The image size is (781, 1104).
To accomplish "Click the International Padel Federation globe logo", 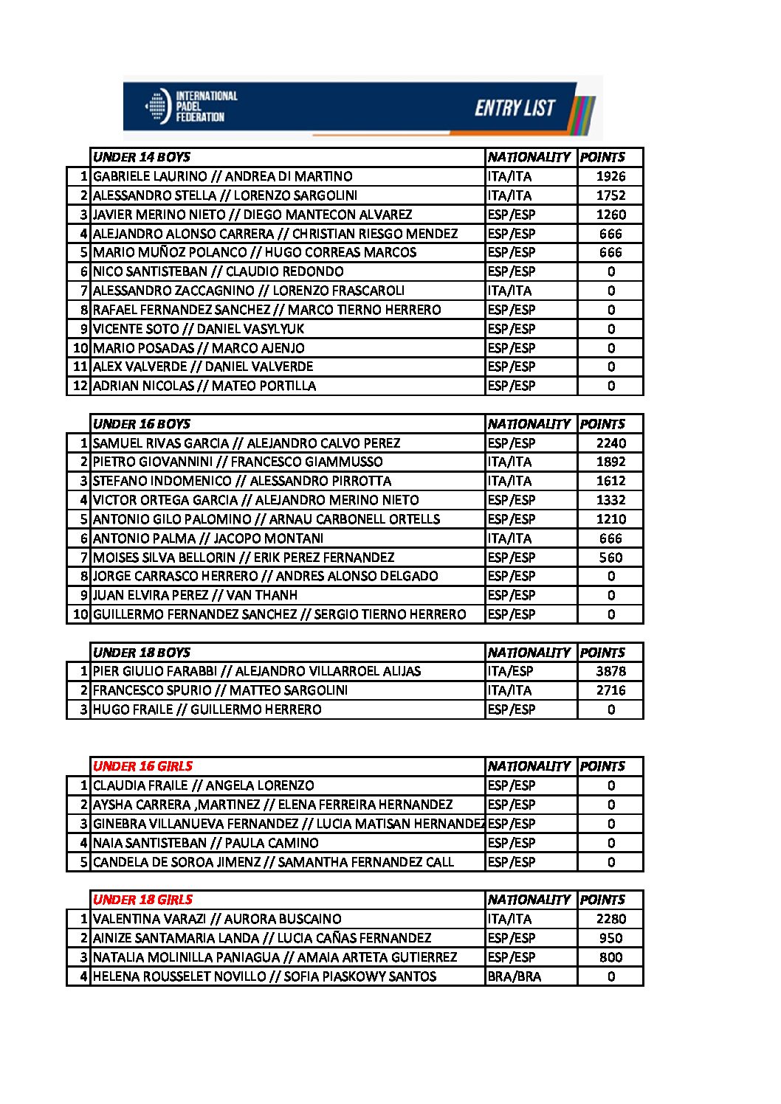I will [156, 107].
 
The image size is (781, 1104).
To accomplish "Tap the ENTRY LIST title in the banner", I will [515, 108].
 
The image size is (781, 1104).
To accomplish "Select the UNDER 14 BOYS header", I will [142, 157].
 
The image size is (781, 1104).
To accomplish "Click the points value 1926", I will [610, 176].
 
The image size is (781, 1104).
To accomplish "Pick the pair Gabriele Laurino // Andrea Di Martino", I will [223, 176].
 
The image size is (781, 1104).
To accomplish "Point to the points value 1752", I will [610, 195].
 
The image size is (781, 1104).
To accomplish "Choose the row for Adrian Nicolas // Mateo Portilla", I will [204, 386].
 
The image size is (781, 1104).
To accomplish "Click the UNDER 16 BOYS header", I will [142, 424].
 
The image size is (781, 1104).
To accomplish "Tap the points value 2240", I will [610, 443].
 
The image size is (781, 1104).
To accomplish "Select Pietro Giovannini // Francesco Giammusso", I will [238, 462].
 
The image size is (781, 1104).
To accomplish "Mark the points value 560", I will [610, 558].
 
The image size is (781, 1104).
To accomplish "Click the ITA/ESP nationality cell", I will [510, 671].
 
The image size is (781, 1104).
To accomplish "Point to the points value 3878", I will [610, 671].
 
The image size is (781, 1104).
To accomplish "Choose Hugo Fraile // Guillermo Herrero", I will [207, 709].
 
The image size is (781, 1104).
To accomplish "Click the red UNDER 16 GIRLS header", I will [143, 766].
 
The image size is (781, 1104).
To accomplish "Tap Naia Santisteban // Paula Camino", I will [206, 843].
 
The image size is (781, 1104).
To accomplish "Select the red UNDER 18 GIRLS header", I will [143, 900].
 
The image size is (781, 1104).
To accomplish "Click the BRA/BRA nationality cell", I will [515, 976].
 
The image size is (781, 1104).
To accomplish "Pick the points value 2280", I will [610, 919].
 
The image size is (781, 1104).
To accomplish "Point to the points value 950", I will [610, 938].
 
